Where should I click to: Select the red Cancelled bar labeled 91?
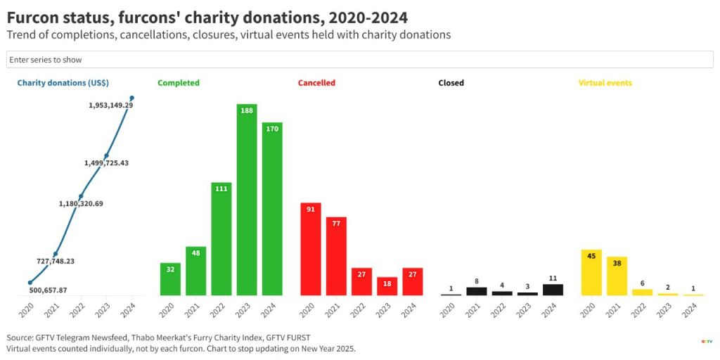(x=311, y=249)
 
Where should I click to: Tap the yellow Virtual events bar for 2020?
(x=591, y=272)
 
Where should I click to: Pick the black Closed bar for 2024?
(x=553, y=289)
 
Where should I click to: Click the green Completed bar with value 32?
(x=170, y=279)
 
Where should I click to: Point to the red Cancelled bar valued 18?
(x=387, y=286)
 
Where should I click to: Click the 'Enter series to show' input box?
(x=359, y=60)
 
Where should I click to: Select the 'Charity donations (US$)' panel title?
(x=63, y=83)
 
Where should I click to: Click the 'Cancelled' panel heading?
(x=316, y=83)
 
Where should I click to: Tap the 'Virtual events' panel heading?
(x=605, y=83)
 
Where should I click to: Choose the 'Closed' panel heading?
(x=451, y=83)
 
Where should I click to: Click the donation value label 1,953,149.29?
(x=110, y=105)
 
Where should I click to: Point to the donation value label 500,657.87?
(x=48, y=290)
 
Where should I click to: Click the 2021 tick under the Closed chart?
(x=475, y=308)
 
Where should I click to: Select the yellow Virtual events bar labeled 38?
(x=617, y=276)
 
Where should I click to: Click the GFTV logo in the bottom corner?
(x=707, y=342)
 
